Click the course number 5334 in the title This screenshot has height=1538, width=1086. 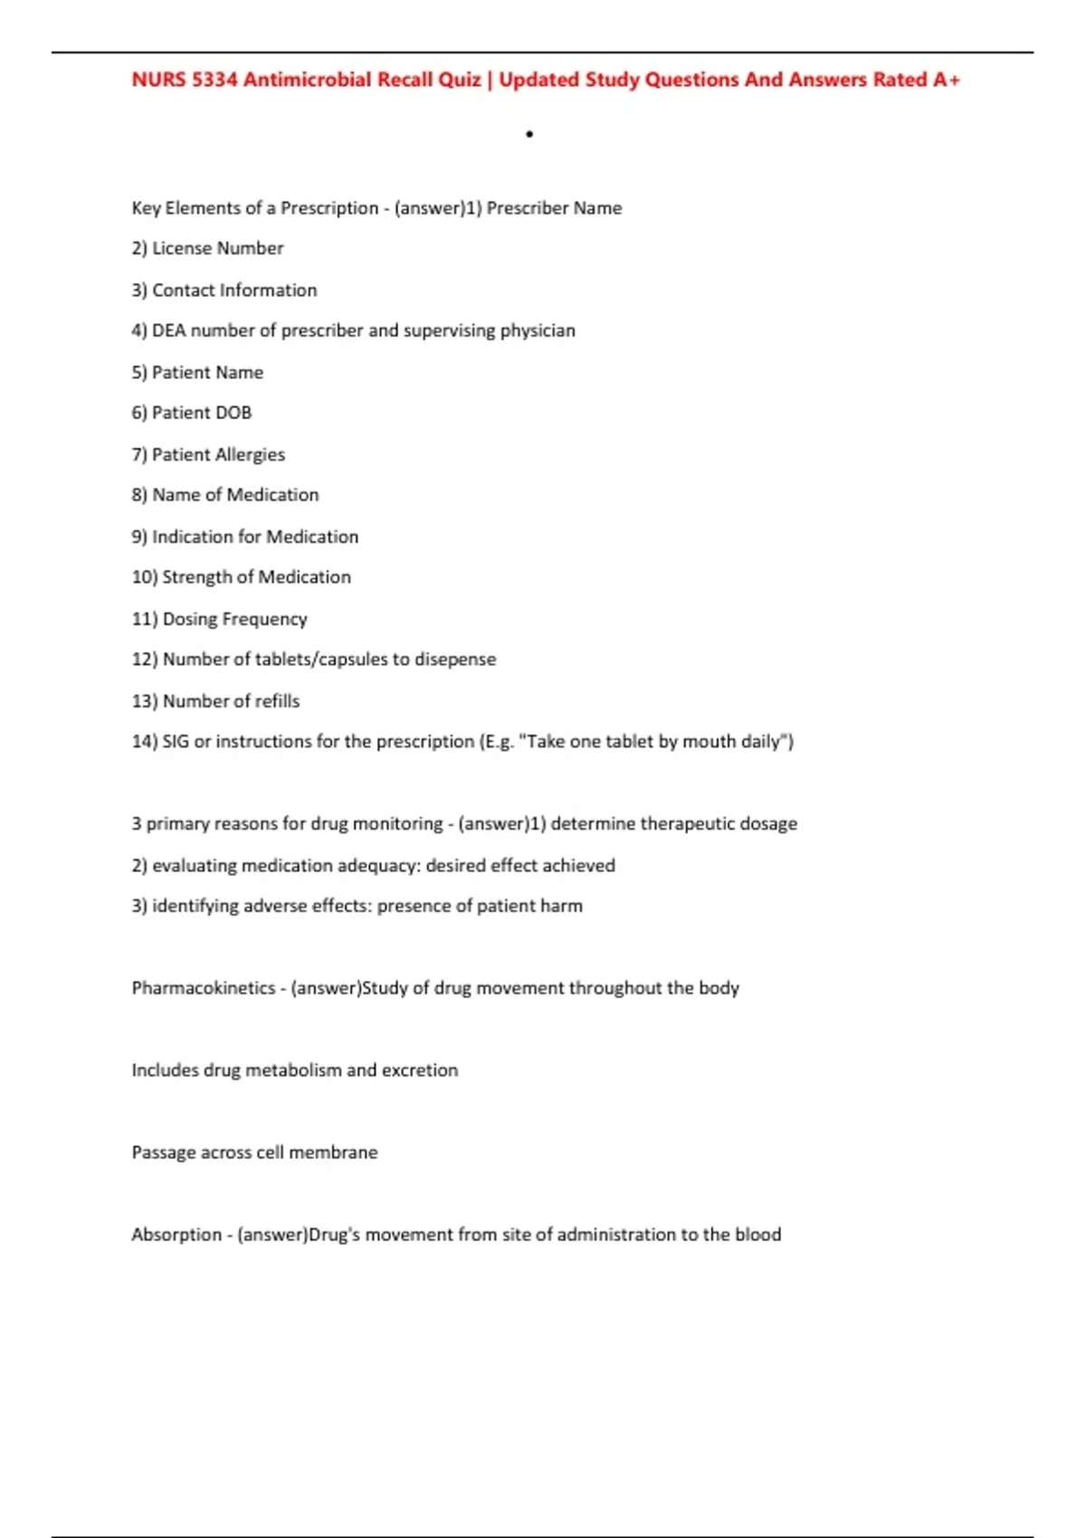[214, 80]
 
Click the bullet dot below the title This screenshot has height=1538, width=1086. [529, 135]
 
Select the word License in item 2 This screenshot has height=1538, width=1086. [181, 248]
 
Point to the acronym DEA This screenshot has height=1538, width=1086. [168, 330]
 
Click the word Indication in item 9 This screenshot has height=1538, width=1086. [192, 536]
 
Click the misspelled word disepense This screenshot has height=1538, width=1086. [455, 660]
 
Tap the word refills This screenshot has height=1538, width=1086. [277, 701]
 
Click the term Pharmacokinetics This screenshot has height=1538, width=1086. [204, 988]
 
